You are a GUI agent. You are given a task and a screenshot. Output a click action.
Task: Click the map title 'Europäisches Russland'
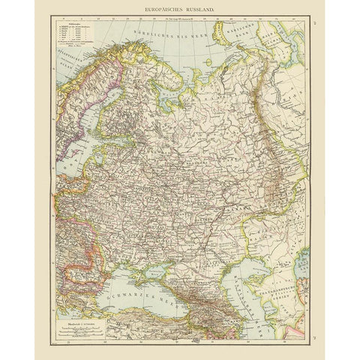179,7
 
